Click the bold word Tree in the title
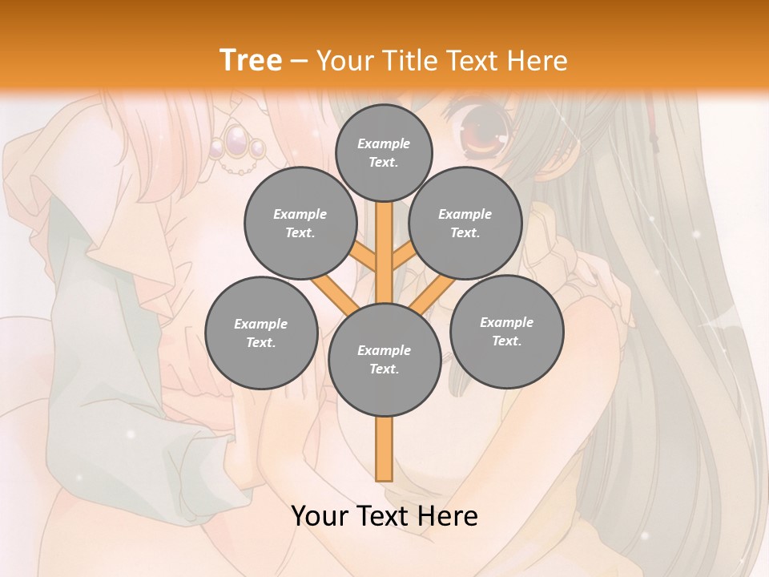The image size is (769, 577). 251,60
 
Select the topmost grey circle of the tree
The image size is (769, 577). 384,152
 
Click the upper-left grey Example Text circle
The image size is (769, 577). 300,224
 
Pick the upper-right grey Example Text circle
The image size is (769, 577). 465,224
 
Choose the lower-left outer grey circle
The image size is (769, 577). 261,333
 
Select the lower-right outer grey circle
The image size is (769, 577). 506,331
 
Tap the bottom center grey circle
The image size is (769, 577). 384,360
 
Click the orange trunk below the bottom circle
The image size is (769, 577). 384,449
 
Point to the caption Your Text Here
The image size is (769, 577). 384,516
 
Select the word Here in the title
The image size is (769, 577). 536,61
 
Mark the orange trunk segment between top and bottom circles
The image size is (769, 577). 384,248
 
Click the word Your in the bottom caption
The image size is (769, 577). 320,516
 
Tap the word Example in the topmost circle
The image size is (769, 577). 384,143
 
